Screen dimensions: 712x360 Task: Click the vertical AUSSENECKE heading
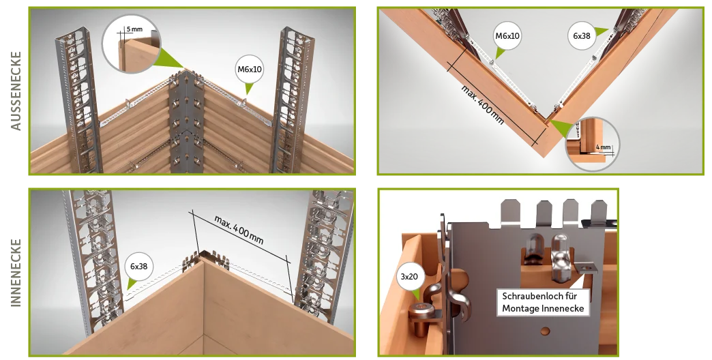coord(16,91)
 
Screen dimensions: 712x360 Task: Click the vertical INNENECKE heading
coord(16,273)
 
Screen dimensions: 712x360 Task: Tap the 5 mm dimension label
coord(134,29)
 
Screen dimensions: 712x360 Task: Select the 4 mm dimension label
coord(603,147)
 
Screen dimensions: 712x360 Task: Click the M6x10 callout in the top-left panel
coord(250,70)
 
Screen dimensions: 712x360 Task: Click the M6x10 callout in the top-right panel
coord(507,36)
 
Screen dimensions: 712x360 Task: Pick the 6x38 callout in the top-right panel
coord(581,36)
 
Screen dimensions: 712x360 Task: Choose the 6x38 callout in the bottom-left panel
coord(138,267)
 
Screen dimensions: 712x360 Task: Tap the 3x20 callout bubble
coord(409,276)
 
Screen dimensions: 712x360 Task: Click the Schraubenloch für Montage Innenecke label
coord(543,302)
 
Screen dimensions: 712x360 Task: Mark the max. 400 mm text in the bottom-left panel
coord(239,230)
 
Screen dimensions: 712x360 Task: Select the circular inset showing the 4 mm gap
coord(593,145)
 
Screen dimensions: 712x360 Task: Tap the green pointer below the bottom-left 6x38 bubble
coord(133,284)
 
